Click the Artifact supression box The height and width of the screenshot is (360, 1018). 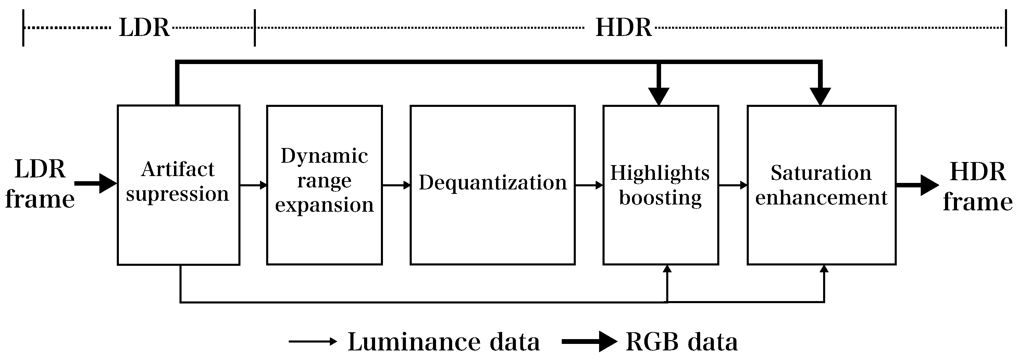178,185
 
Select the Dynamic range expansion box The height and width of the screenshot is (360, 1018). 324,185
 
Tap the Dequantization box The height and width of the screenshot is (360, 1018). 493,185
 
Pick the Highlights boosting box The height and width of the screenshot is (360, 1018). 660,185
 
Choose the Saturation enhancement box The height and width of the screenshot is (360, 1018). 821,185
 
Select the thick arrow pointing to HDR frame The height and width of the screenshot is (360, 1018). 917,185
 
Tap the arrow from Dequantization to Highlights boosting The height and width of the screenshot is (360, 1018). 589,185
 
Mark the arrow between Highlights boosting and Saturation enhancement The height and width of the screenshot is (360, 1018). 733,185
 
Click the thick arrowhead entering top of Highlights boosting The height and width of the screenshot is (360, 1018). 658,96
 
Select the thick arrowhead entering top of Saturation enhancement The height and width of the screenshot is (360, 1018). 820,96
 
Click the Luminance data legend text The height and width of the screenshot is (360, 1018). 443,342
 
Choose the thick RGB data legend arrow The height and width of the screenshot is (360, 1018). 589,342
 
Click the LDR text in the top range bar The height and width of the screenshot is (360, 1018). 144,28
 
